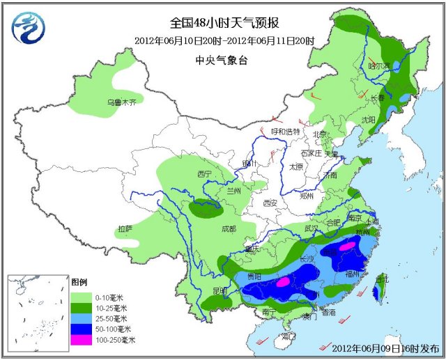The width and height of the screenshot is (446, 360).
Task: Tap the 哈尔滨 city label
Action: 379,66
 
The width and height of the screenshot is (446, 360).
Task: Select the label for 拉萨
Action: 125,228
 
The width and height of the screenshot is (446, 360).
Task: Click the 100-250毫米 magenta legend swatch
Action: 82,339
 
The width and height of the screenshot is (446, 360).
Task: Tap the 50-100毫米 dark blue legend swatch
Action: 82,329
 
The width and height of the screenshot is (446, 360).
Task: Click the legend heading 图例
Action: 79,283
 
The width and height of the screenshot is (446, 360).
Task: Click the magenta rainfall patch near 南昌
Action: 346,246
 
